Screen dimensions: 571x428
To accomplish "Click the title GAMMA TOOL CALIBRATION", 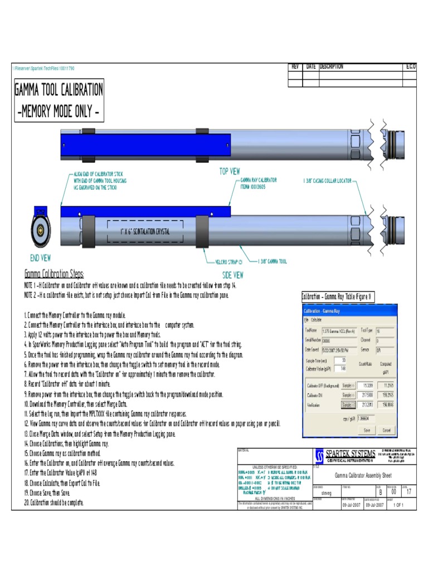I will pos(59,89).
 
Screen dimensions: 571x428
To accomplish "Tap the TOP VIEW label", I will pos(230,172).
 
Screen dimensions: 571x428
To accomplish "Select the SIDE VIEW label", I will pos(232,275).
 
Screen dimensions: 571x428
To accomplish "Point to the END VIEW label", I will pos(41,258).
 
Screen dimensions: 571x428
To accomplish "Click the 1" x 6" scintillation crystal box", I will pos(145,231).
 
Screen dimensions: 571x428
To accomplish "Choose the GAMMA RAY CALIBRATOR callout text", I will pos(259,183).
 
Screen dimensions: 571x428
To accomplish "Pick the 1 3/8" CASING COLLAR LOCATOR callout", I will pos(328,181).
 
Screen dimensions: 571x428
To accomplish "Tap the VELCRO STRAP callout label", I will pos(229,261).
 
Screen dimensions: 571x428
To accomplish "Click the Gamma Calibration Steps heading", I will pos(54,274).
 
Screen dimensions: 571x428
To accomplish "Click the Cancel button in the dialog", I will pos(386,430).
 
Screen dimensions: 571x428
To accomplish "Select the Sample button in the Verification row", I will pos(348,405).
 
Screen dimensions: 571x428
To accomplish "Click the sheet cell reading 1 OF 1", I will pos(398,505).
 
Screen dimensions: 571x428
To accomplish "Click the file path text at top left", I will pos(43,68).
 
